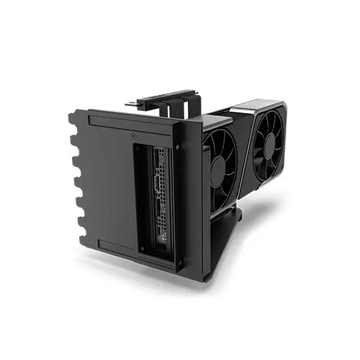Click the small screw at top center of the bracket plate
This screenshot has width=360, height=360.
(135, 135)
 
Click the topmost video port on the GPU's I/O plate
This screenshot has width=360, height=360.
(156, 160)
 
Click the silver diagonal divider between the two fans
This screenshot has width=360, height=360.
(243, 155)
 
